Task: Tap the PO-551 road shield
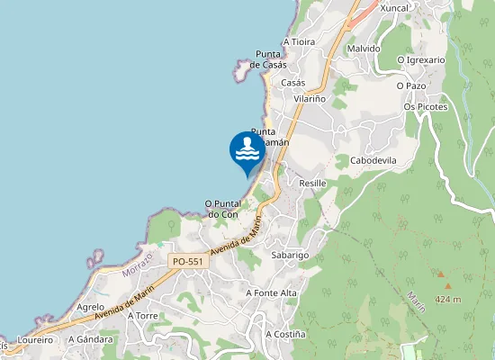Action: point(189,261)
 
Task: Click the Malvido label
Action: point(364,49)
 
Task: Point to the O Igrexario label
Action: point(421,60)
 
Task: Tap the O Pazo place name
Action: point(410,85)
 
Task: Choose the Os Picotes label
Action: point(426,106)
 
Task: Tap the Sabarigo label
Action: point(291,256)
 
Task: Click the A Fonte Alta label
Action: point(271,293)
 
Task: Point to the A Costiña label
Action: point(285,334)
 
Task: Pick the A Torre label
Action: point(143,316)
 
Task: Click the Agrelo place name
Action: point(91,307)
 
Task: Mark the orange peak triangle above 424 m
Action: point(442,274)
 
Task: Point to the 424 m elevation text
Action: point(447,299)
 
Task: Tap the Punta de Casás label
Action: point(268,59)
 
